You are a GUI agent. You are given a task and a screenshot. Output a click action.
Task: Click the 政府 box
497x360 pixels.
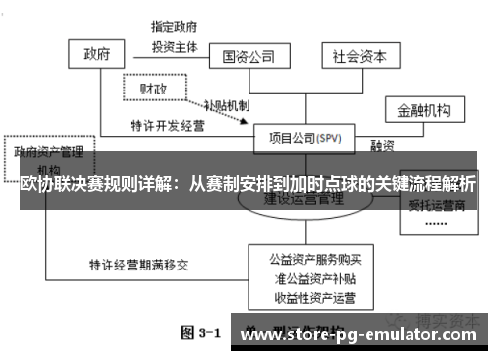tap(96, 53)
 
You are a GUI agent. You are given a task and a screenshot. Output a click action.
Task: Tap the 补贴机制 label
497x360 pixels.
tap(227, 106)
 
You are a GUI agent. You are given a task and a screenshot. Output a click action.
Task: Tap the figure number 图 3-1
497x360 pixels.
tap(200, 332)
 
